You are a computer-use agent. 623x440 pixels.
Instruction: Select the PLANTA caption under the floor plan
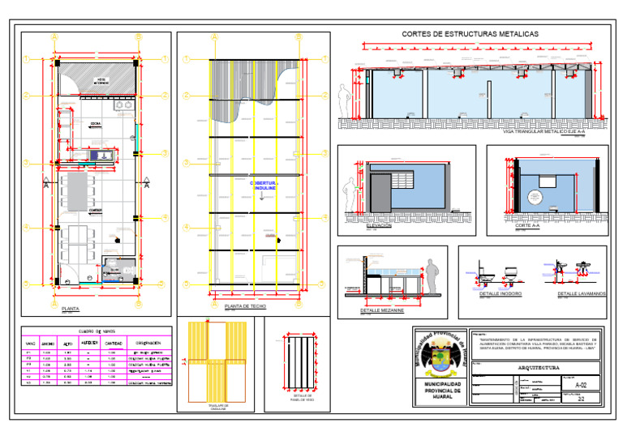(71, 308)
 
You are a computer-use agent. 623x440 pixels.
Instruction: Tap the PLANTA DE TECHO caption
(244, 306)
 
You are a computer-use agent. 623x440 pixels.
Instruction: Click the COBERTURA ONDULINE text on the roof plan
(263, 186)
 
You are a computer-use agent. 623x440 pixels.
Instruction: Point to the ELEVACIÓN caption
(378, 226)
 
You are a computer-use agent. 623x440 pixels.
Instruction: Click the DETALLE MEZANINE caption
(381, 310)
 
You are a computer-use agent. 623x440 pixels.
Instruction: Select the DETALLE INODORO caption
(494, 293)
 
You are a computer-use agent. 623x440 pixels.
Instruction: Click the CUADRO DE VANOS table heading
(97, 331)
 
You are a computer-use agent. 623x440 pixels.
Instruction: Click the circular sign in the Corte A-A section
(535, 196)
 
